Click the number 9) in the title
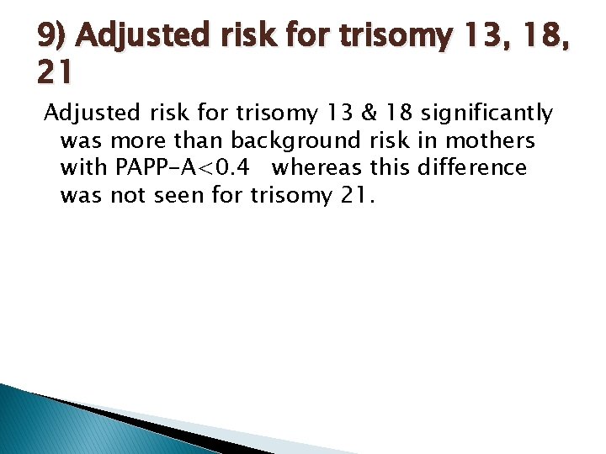click(x=52, y=37)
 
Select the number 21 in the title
click(x=55, y=75)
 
